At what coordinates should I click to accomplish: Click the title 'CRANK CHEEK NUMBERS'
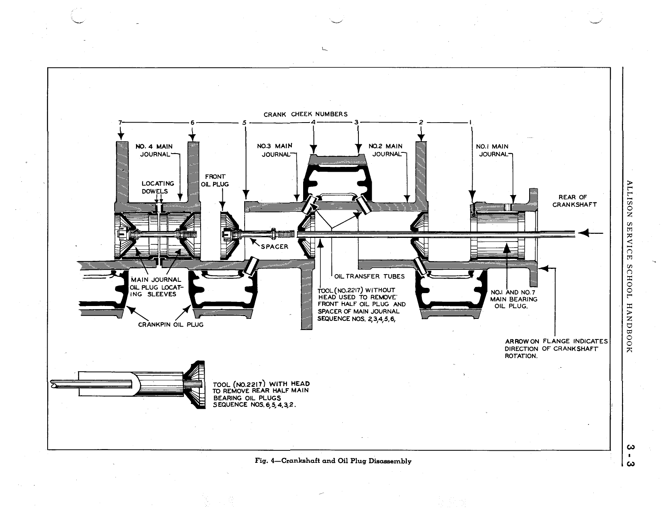tap(306, 114)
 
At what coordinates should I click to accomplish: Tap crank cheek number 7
tap(119, 122)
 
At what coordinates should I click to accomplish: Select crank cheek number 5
tap(244, 123)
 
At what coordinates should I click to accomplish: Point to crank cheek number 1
tap(471, 123)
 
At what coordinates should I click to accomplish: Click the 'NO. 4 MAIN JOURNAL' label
tap(156, 150)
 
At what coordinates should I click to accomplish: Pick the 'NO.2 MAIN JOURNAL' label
tap(385, 150)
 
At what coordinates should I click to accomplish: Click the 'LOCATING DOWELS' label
tap(158, 187)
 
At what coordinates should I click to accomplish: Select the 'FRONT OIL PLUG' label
tap(215, 181)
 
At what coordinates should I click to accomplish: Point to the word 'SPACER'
tap(274, 247)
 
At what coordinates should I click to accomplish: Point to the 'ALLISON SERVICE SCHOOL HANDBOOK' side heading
tap(630, 266)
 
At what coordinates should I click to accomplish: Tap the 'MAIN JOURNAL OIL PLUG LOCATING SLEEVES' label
tap(155, 287)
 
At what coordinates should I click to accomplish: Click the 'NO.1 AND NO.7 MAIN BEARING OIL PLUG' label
tap(513, 299)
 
